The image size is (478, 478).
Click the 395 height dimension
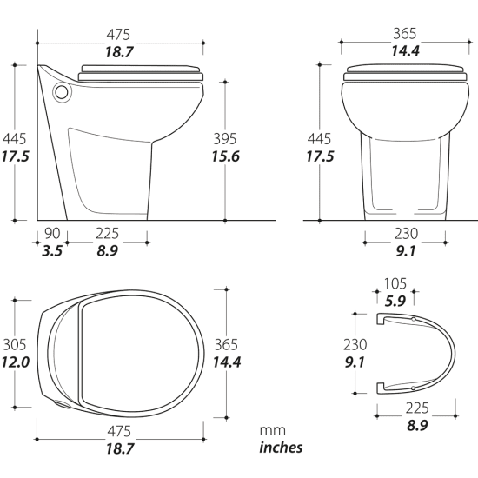coord(225,138)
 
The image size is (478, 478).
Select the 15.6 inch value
coord(225,156)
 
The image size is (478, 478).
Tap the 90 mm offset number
coord(53,233)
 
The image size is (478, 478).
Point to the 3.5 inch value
coord(53,251)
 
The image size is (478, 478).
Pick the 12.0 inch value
coord(15,361)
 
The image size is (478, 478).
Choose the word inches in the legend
coord(282,448)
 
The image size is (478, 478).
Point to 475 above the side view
coord(118,35)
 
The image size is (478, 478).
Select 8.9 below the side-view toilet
coord(107,251)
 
